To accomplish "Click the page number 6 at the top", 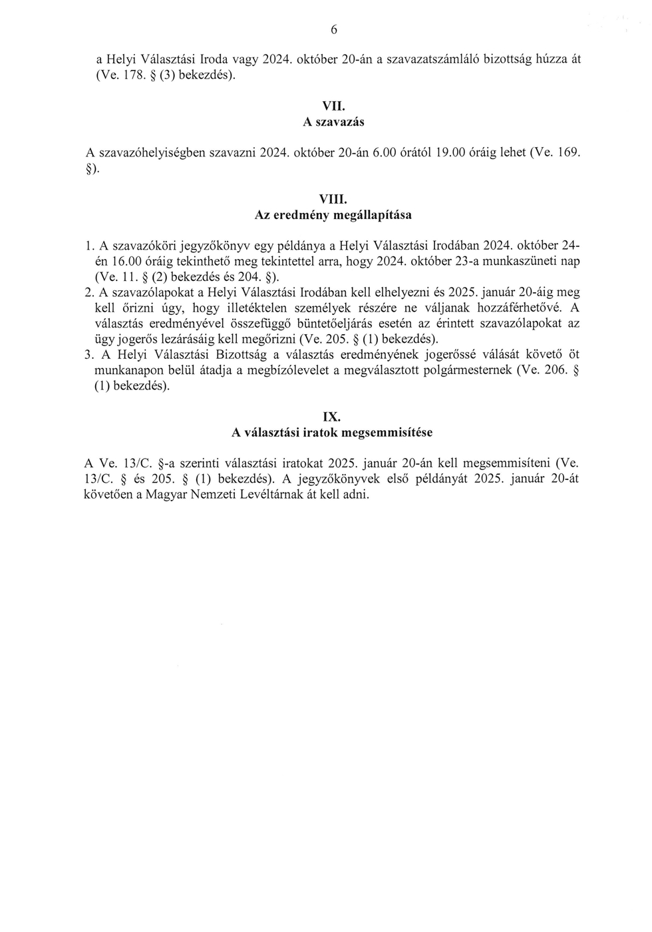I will click(x=334, y=29).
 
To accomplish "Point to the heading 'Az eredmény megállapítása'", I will click(x=333, y=215).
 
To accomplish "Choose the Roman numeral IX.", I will click(x=331, y=417).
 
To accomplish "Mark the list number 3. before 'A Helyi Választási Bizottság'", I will click(x=89, y=355).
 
